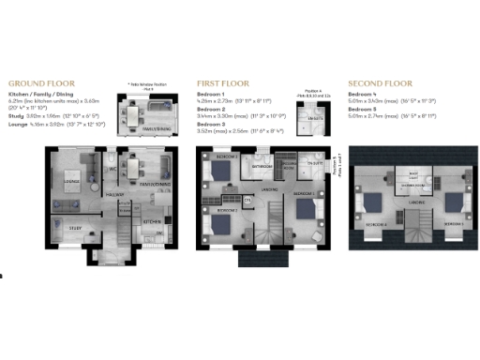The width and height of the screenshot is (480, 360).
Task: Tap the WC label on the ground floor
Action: click(112, 170)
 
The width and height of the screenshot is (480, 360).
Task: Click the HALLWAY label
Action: click(115, 195)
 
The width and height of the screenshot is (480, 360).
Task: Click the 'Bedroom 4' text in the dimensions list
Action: click(362, 95)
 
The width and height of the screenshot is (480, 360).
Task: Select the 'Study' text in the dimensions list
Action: click(18, 113)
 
